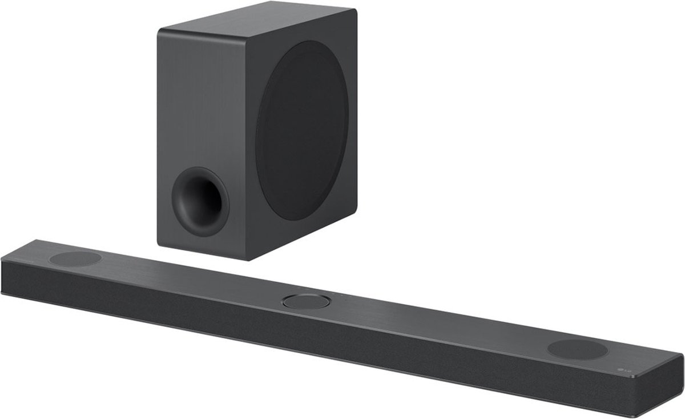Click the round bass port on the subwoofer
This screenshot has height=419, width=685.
click(201, 199)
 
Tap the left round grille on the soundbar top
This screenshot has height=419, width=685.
click(75, 258)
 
